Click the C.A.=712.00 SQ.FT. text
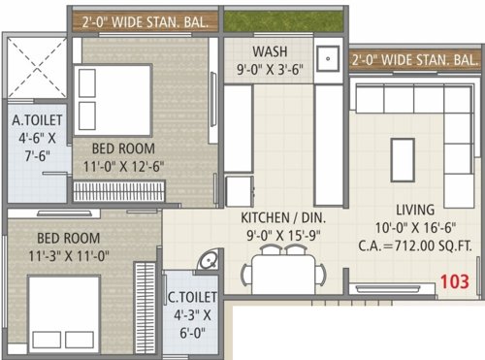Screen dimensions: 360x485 [x=421, y=246]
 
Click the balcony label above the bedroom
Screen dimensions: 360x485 [x=142, y=17]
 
